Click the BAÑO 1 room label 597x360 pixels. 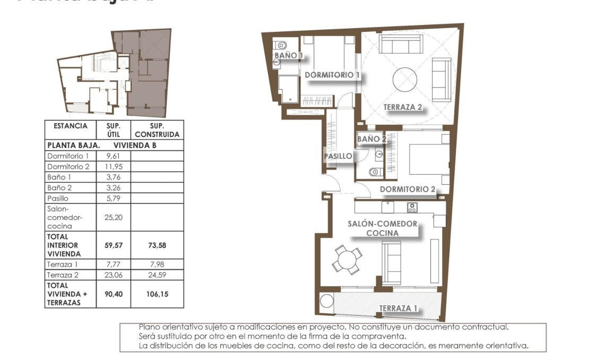click(289, 55)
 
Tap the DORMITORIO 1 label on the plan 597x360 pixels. click(332, 75)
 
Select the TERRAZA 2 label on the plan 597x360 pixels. click(403, 107)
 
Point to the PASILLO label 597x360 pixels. click(338, 156)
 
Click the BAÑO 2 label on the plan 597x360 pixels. click(371, 139)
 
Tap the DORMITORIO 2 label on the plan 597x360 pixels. click(408, 189)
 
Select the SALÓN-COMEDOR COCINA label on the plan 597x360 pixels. click(382, 228)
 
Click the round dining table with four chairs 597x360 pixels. click(348, 260)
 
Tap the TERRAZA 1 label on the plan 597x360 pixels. click(398, 308)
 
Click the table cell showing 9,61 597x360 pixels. click(113, 156)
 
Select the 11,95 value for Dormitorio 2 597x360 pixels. click(113, 167)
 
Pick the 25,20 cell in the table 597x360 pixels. click(113, 217)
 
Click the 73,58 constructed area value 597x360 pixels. click(157, 245)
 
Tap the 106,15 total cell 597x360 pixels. click(157, 294)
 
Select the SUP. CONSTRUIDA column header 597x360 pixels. click(157, 130)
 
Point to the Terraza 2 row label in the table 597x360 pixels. click(63, 275)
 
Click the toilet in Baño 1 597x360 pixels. click(281, 45)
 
